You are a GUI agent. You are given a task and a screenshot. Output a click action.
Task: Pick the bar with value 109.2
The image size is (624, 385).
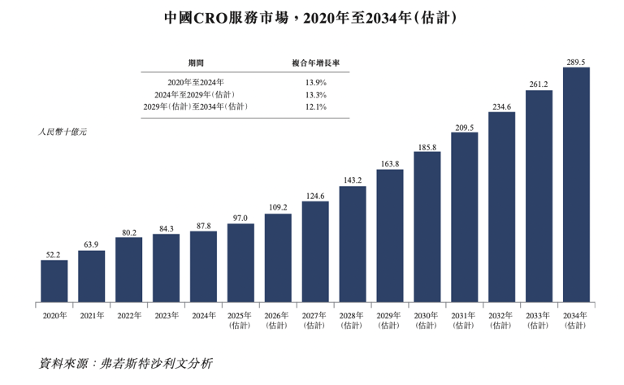pyautogui.click(x=278, y=256)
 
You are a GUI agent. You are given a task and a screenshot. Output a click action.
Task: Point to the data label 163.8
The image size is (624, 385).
pyautogui.click(x=390, y=163)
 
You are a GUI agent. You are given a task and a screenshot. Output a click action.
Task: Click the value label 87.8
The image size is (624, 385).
pyautogui.click(x=203, y=225)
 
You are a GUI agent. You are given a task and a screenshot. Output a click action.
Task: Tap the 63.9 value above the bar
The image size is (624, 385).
pyautogui.click(x=92, y=244)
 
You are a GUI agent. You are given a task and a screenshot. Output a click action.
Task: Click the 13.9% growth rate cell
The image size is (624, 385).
pyautogui.click(x=315, y=82)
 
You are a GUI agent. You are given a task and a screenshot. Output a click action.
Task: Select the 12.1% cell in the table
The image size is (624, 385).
pyautogui.click(x=315, y=106)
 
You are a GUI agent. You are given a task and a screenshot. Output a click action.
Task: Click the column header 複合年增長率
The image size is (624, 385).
pyautogui.click(x=315, y=63)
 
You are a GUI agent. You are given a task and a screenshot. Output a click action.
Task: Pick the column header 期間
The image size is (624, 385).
pyautogui.click(x=196, y=63)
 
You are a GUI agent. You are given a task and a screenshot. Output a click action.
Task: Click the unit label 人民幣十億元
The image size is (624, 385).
pyautogui.click(x=62, y=131)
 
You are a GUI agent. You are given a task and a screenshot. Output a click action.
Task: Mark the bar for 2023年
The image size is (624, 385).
pyautogui.click(x=166, y=268)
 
